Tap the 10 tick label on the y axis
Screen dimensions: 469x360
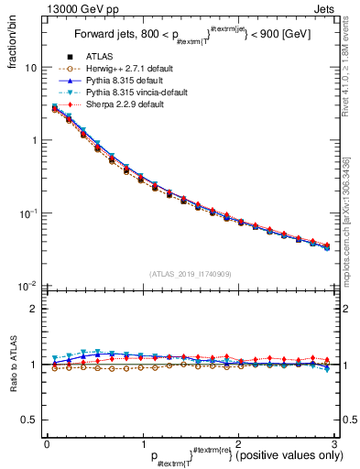coord(30,69)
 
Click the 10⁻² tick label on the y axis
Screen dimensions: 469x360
coord(28,286)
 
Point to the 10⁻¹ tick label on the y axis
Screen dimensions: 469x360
coord(28,213)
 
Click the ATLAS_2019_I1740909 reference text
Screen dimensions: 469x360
coord(190,274)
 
